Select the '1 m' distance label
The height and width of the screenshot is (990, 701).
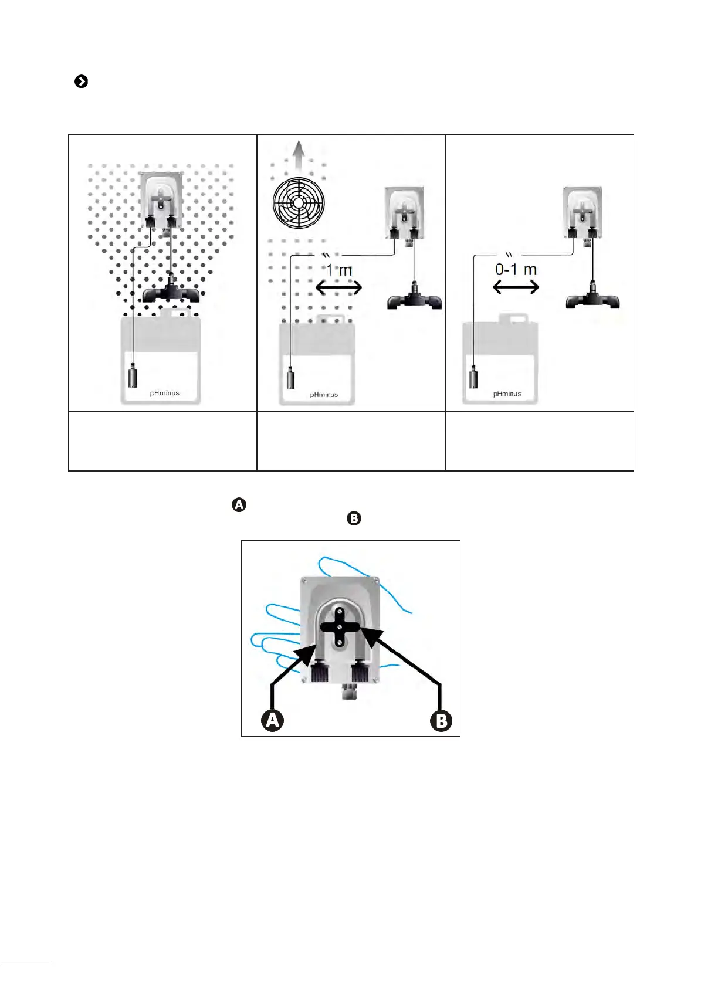pyautogui.click(x=339, y=270)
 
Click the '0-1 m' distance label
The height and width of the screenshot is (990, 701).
pyautogui.click(x=516, y=270)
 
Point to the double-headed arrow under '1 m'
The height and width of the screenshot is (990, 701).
pyautogui.click(x=339, y=287)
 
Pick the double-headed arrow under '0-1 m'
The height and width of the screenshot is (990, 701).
pyautogui.click(x=516, y=287)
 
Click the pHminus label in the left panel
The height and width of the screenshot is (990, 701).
pyautogui.click(x=164, y=393)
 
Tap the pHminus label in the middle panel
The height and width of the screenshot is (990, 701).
pyautogui.click(x=324, y=395)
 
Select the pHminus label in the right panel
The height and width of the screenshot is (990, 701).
pyautogui.click(x=507, y=394)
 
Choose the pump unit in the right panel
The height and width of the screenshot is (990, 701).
pyautogui.click(x=582, y=212)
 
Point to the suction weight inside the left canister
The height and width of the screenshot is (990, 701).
pyautogui.click(x=133, y=375)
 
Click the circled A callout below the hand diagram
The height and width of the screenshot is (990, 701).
pyautogui.click(x=272, y=720)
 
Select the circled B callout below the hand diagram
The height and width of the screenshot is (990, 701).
pyautogui.click(x=441, y=721)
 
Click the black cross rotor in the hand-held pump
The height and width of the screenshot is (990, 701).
pyautogui.click(x=340, y=627)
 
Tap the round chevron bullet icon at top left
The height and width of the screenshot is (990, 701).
pyautogui.click(x=82, y=82)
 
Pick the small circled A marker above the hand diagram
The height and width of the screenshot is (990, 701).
pyautogui.click(x=239, y=504)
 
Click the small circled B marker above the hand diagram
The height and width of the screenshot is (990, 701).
pyautogui.click(x=354, y=518)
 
